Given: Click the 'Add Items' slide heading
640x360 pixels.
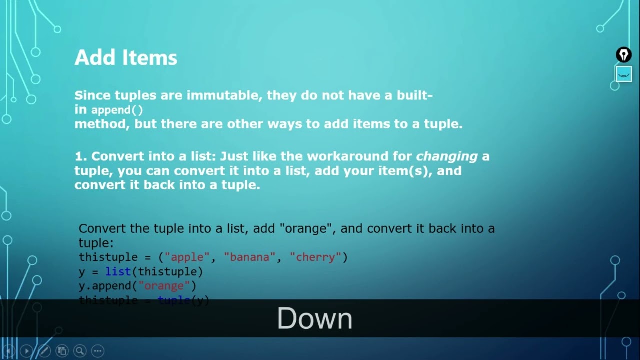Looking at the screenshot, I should pos(126,58).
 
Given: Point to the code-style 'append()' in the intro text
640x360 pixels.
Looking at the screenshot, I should pos(117,110).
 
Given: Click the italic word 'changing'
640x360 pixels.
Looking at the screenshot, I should pos(447,156).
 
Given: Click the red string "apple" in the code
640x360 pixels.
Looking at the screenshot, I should pos(187,257).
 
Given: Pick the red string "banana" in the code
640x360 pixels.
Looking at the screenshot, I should pos(250,257).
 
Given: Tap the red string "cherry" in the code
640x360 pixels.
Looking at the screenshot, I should pos(315,257).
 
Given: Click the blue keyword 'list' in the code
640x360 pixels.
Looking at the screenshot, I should pos(118,272).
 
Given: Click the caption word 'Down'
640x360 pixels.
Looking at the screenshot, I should pos(315,319).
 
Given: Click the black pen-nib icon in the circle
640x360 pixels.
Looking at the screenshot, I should pos(623,54).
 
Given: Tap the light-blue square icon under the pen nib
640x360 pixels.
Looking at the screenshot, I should pos(623,74).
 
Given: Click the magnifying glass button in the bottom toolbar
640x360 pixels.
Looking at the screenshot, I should pos(79,351).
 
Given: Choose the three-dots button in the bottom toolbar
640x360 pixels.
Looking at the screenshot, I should pos(98,351).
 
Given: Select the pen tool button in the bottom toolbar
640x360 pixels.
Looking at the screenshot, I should pos(44,351).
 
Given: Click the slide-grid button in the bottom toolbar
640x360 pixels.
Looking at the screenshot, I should pos(62,351).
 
